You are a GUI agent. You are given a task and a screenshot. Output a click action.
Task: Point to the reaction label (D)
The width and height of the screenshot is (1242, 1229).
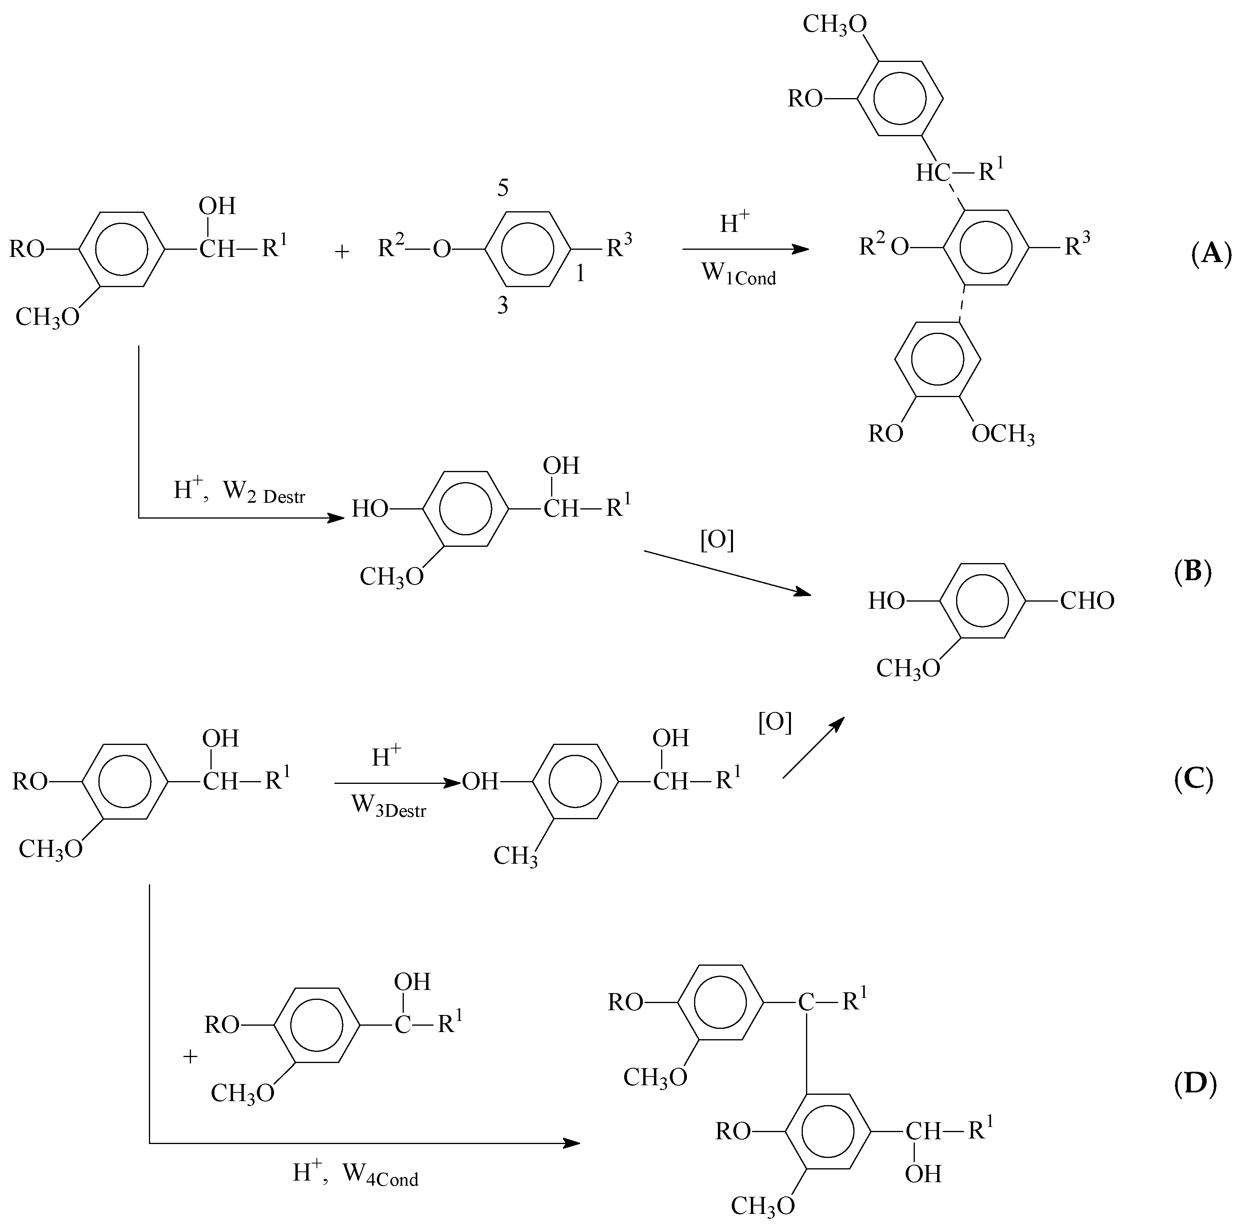pos(1194,1084)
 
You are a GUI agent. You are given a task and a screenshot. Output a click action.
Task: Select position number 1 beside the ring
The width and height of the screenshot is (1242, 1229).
pos(580,274)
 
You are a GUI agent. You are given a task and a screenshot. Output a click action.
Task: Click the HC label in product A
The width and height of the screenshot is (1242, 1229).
pos(933,173)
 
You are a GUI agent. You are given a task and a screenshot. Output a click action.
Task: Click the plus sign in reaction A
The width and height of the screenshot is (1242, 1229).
pos(342,252)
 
